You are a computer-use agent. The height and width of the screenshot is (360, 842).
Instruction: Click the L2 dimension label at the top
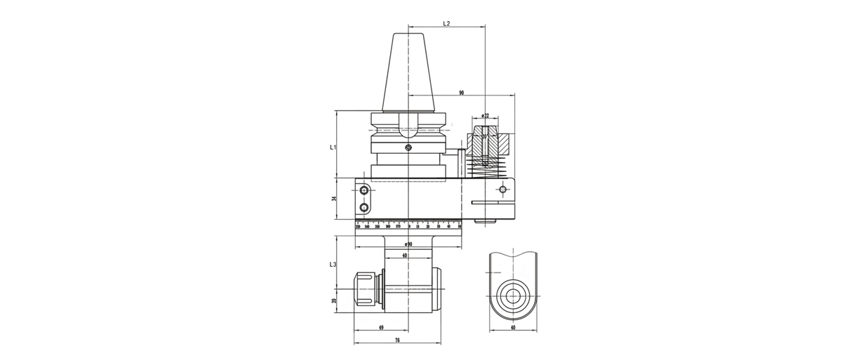446,23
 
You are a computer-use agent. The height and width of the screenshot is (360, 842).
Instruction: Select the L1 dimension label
333,147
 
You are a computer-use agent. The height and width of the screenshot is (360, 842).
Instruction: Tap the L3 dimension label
333,265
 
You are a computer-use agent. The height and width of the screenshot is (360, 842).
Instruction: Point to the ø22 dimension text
486,116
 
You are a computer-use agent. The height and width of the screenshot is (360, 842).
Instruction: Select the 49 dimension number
380,327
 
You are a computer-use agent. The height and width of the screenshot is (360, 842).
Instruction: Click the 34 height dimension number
335,199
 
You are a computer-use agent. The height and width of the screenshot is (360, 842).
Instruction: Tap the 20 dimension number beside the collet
335,300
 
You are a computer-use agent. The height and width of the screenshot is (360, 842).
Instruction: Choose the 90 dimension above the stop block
461,92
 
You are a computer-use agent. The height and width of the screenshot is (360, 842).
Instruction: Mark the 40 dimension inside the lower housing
405,255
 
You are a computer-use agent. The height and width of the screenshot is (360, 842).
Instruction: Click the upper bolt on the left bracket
364,190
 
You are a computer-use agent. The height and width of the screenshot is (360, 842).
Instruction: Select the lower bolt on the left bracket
364,208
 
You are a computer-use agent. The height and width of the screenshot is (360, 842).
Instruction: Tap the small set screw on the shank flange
408,147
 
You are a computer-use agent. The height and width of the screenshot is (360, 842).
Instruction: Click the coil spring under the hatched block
486,168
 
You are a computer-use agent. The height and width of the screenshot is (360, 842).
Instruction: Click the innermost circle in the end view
512,293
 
